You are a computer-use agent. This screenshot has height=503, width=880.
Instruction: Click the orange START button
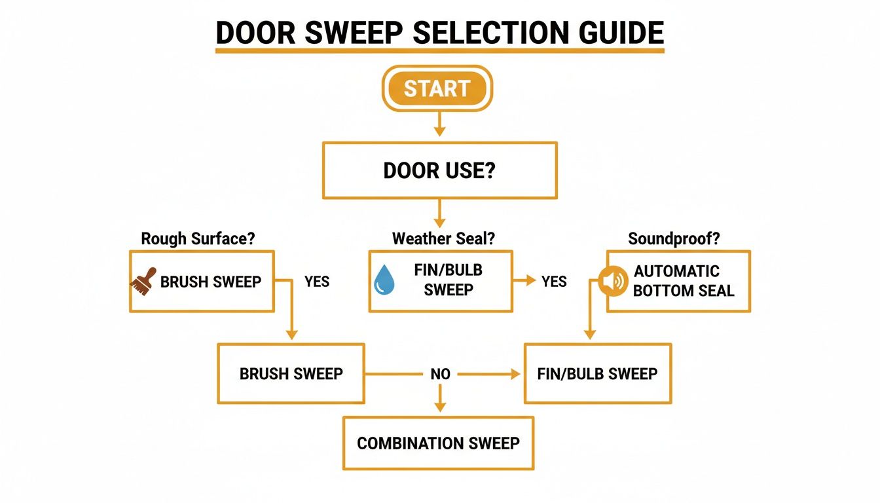tap(437, 88)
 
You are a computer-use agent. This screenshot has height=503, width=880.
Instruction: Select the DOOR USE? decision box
tap(439, 171)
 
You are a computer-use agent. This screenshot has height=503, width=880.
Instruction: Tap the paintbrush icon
tap(144, 281)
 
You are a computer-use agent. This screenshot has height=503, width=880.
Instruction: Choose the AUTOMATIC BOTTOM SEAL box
tap(678, 281)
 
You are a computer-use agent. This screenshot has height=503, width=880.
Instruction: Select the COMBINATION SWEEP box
tap(438, 443)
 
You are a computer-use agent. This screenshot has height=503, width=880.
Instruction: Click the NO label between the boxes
tap(440, 374)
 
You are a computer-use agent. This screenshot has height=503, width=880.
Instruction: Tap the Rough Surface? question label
tap(198, 239)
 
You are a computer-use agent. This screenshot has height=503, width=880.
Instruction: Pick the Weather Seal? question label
tap(443, 239)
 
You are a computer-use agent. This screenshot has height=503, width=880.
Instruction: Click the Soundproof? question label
tap(674, 239)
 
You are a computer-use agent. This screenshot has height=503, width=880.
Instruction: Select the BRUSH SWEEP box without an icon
tap(291, 374)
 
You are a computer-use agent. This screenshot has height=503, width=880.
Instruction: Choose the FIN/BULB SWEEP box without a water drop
tap(597, 374)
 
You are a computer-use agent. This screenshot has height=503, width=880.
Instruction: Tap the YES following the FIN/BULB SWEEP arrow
tap(554, 282)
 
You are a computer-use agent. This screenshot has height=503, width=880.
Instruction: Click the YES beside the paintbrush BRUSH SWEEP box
tap(317, 282)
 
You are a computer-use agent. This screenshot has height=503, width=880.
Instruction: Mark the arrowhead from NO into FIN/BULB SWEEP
tap(515, 374)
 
